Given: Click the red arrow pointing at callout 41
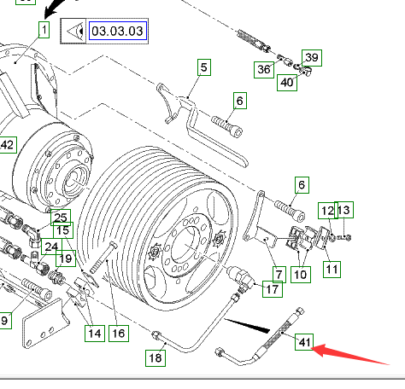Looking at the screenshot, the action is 349,354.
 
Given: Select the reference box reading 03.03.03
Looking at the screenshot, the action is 118,31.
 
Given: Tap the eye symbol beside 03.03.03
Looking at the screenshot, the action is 73,31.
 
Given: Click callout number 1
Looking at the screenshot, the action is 44,30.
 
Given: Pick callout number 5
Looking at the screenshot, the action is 204,67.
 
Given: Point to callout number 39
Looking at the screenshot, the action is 312,58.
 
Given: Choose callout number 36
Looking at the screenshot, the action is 264,69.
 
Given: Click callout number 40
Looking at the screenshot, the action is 287,83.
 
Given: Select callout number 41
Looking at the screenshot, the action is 304,342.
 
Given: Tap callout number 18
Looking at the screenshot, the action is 156,358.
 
